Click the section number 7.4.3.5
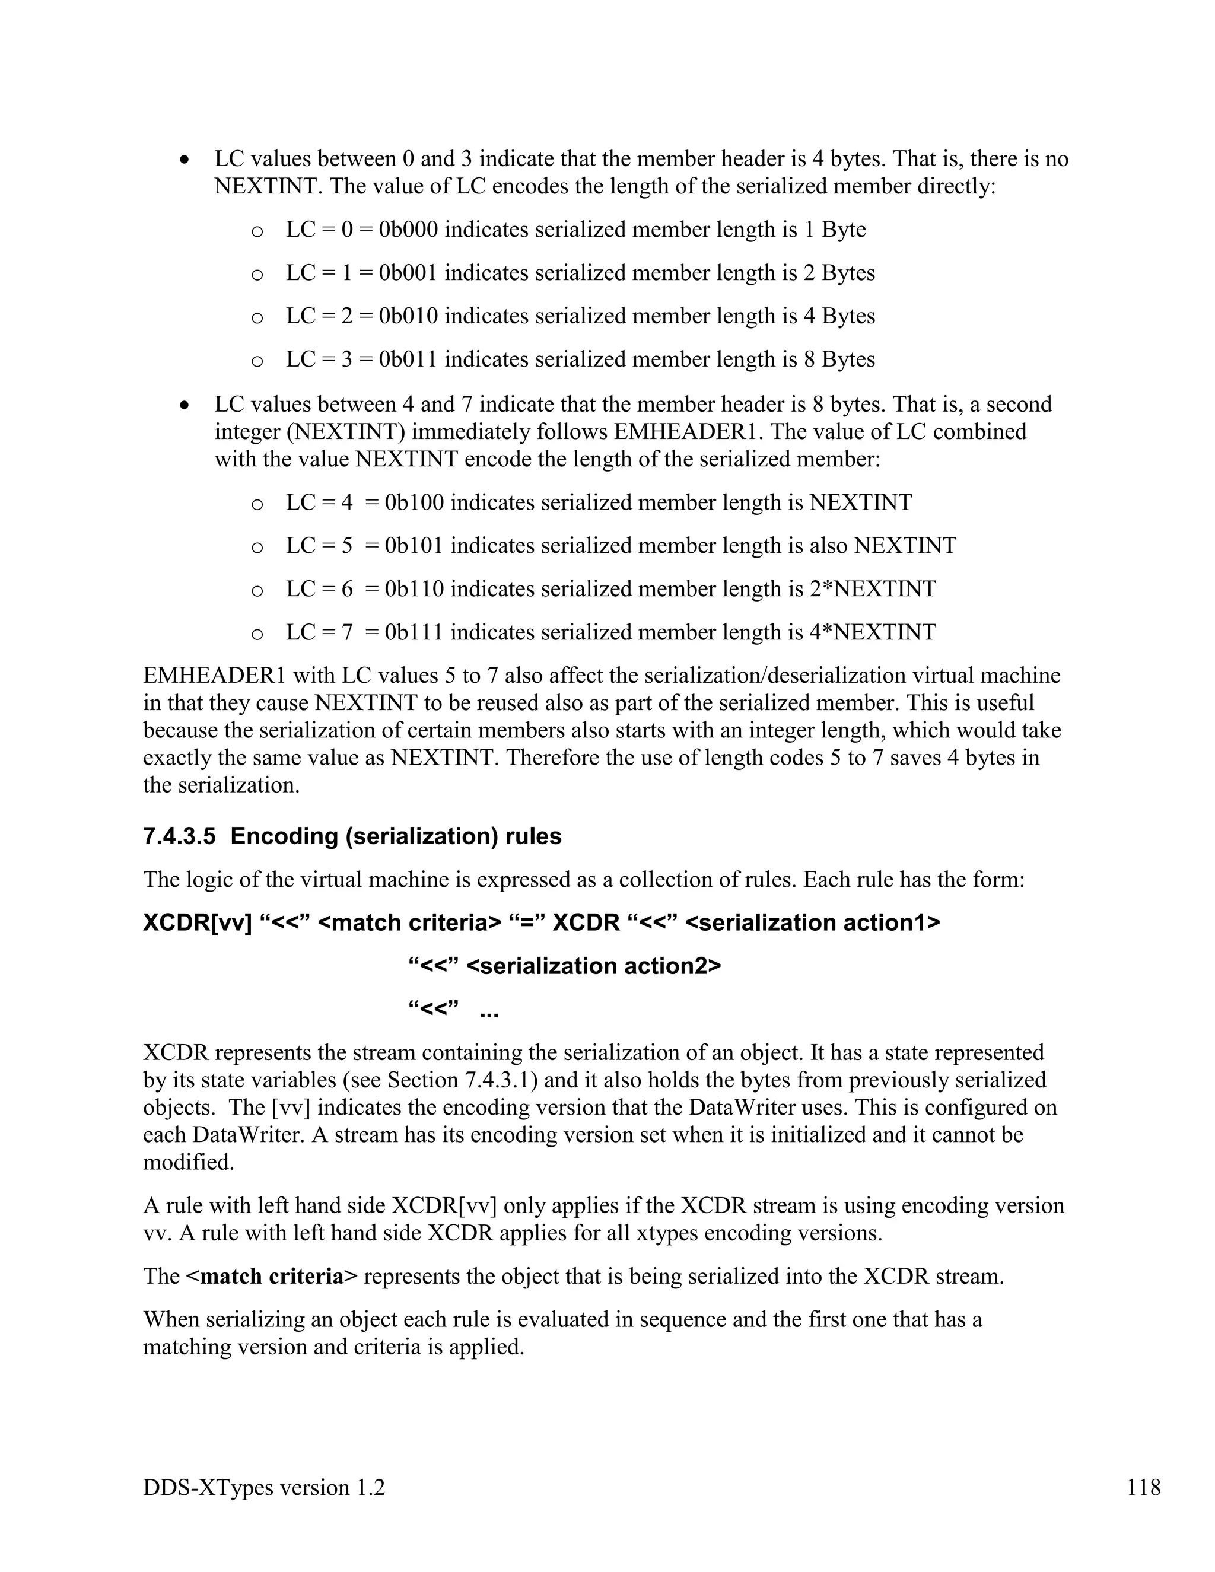point(179,836)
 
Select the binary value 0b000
point(408,230)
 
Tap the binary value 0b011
point(408,359)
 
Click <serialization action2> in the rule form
point(593,966)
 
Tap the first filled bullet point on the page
point(186,160)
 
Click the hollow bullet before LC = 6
point(257,591)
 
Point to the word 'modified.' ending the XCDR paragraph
point(189,1162)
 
